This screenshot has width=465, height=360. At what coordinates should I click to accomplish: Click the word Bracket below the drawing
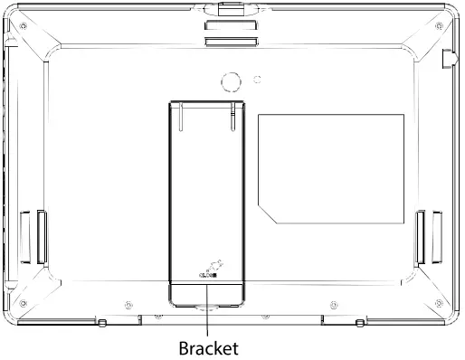coord(209,348)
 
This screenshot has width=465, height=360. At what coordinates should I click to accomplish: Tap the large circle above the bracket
coord(231,81)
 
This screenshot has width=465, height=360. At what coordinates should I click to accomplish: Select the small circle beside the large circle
coord(257,80)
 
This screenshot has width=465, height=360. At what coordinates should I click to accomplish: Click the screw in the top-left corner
coord(23,26)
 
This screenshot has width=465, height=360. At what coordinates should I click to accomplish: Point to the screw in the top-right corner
coord(439,26)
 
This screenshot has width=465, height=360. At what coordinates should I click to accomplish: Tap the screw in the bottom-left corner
coord(23,303)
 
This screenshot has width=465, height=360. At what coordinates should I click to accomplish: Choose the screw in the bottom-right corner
coord(439,303)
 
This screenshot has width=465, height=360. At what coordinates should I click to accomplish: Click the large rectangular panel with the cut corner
coord(331,169)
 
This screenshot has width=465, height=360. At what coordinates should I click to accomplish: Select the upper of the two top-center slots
coord(231,25)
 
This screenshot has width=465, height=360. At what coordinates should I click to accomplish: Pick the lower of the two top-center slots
coord(231,42)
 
